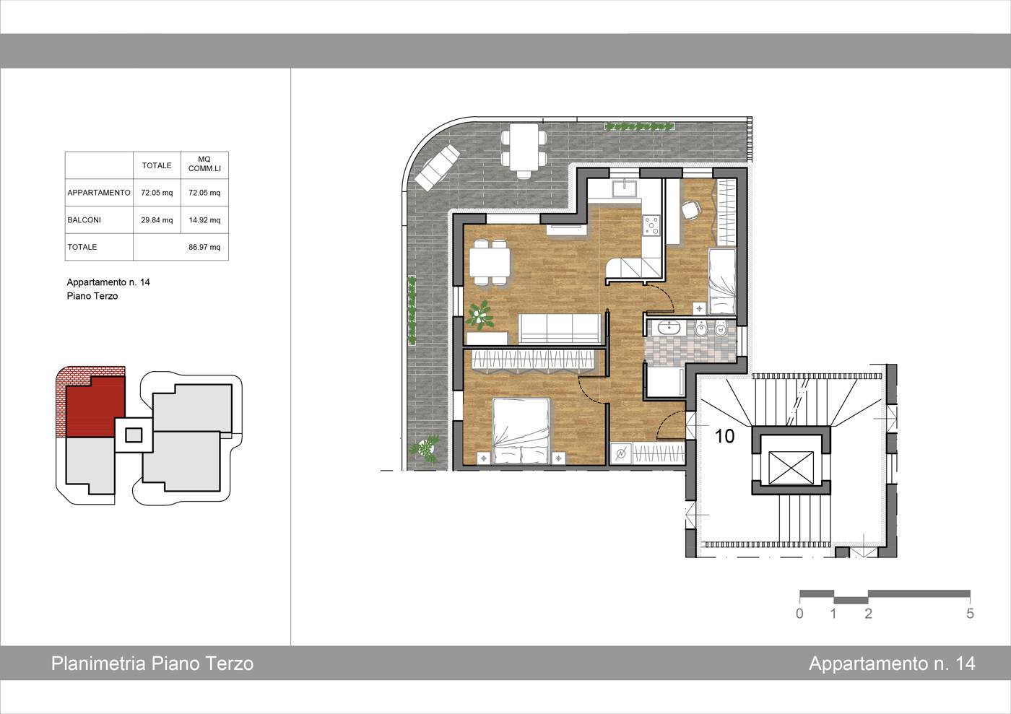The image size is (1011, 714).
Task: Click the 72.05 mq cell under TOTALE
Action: point(157,193)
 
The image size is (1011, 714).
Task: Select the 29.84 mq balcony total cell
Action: point(157,220)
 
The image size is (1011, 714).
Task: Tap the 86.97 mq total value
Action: point(204,248)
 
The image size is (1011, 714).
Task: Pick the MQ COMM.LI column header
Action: point(204,165)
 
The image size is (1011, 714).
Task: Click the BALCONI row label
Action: point(84,220)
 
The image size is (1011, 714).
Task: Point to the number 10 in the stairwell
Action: point(724,437)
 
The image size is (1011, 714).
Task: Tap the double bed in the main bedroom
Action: point(521,431)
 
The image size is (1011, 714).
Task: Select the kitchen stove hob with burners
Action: point(651,226)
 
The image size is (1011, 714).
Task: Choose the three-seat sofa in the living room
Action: point(560,329)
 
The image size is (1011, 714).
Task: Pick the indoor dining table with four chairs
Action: point(490,263)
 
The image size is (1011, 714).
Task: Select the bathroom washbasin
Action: point(668,327)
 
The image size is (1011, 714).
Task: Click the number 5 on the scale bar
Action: point(970,614)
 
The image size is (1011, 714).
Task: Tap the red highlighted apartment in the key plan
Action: point(95,406)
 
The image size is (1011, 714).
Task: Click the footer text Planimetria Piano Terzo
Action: point(152,663)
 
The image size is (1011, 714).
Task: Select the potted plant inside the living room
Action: point(480,315)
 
